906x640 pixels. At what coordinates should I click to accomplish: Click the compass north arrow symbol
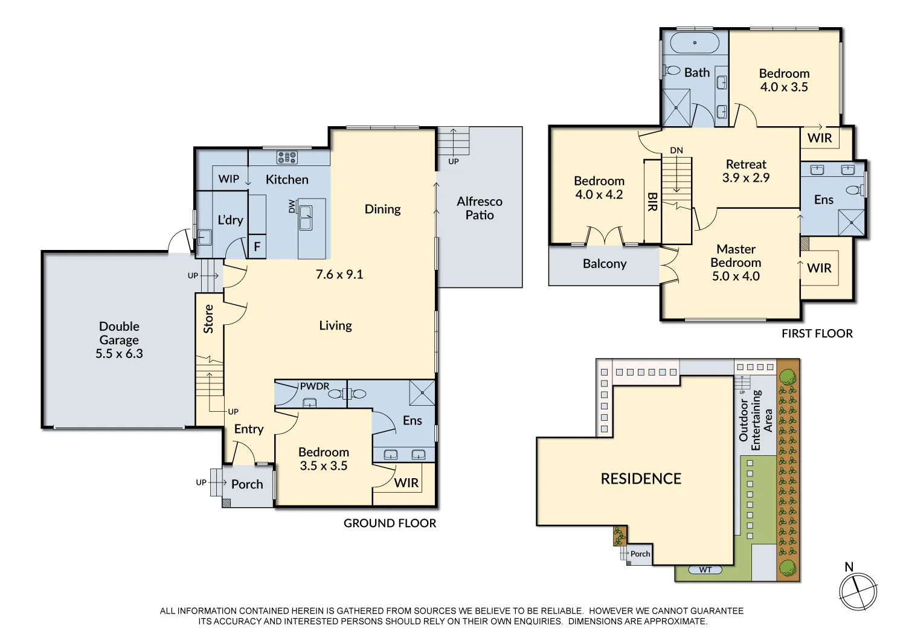[858, 590]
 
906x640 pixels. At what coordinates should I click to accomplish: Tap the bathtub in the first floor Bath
[695, 43]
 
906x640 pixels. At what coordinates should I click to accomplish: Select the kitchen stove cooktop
[287, 158]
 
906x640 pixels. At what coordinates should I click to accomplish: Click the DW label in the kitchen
[292, 206]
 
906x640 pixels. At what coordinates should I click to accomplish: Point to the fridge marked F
[257, 247]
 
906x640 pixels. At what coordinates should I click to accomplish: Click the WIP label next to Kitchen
[229, 179]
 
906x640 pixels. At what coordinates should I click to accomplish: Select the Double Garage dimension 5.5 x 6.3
[119, 354]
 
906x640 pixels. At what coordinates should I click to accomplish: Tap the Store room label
[208, 319]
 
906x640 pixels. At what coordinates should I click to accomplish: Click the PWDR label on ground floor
[315, 386]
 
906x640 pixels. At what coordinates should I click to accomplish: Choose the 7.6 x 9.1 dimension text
[339, 275]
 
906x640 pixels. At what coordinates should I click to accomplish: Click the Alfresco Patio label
[480, 208]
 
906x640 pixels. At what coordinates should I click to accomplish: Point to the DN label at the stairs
[676, 150]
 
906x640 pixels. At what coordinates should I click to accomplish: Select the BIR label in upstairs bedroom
[652, 202]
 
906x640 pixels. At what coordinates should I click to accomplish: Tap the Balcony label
[605, 264]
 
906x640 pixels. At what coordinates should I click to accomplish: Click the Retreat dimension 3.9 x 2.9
[746, 178]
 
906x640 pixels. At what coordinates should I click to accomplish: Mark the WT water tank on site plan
[705, 570]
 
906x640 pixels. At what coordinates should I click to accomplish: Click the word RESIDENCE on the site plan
[641, 479]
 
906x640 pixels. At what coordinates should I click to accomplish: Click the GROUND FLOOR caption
[390, 523]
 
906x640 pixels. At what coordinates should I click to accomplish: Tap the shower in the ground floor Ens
[422, 392]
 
